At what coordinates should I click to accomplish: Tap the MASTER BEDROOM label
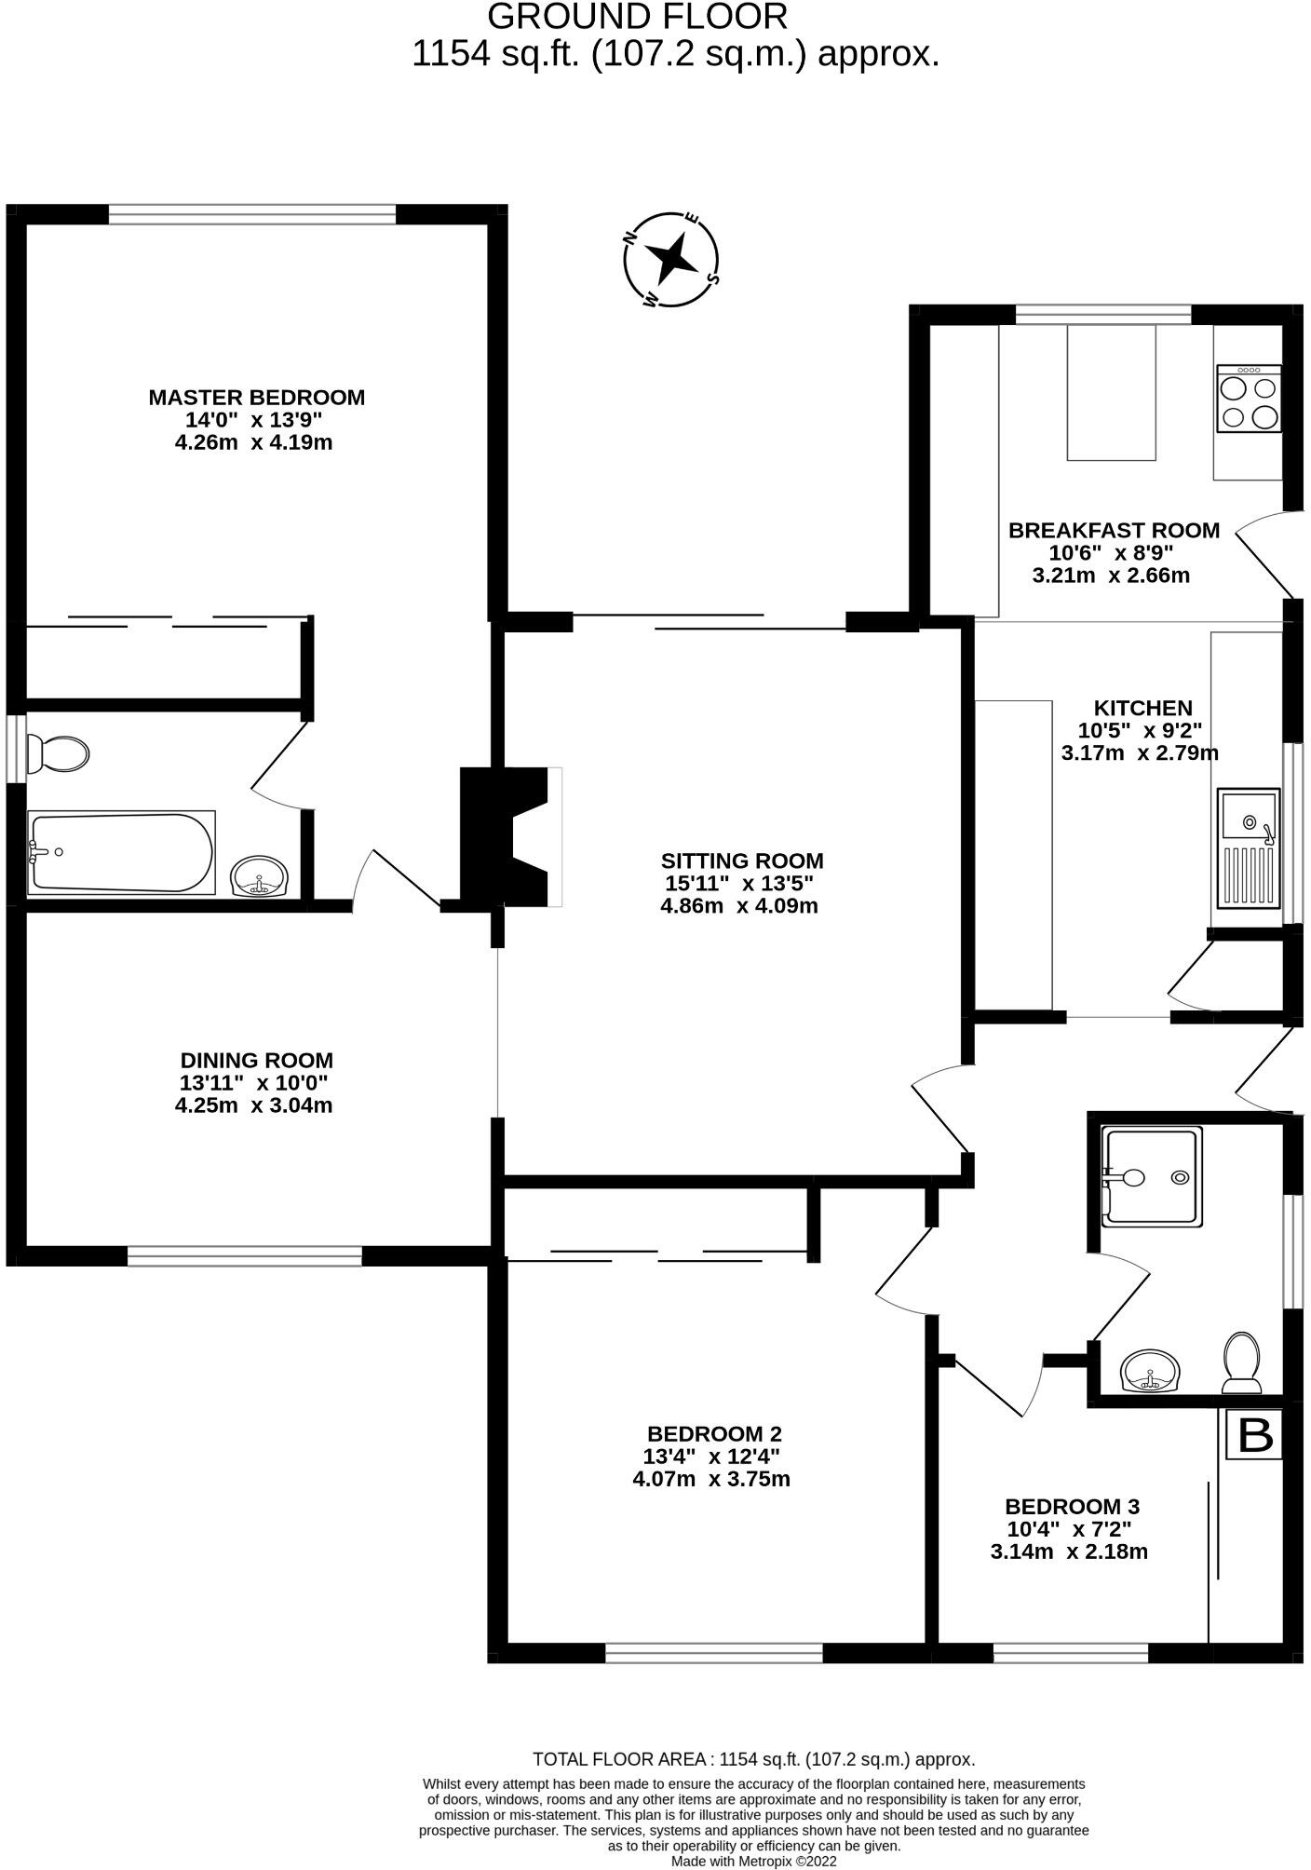(x=256, y=398)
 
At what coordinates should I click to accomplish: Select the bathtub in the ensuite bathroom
(x=121, y=852)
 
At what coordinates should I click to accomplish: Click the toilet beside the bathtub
(x=58, y=753)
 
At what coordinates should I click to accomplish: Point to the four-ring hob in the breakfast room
(x=1249, y=399)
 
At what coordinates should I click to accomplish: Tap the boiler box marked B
(x=1254, y=1435)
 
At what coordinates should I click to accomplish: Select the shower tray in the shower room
(x=1151, y=1177)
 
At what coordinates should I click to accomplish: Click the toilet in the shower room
(x=1241, y=1362)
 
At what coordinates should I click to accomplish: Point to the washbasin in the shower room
(x=1151, y=1372)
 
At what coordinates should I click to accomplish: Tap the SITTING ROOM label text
(x=742, y=860)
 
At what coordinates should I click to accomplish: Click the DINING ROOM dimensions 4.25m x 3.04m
(x=254, y=1105)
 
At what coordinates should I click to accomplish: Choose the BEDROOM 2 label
(x=714, y=1433)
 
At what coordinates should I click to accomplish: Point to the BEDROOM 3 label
(x=1072, y=1506)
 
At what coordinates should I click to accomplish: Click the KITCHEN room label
(x=1142, y=708)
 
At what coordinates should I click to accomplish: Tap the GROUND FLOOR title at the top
(x=638, y=17)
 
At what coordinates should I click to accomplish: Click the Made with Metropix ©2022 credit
(x=754, y=1861)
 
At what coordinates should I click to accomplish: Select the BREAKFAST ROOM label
(x=1114, y=531)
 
